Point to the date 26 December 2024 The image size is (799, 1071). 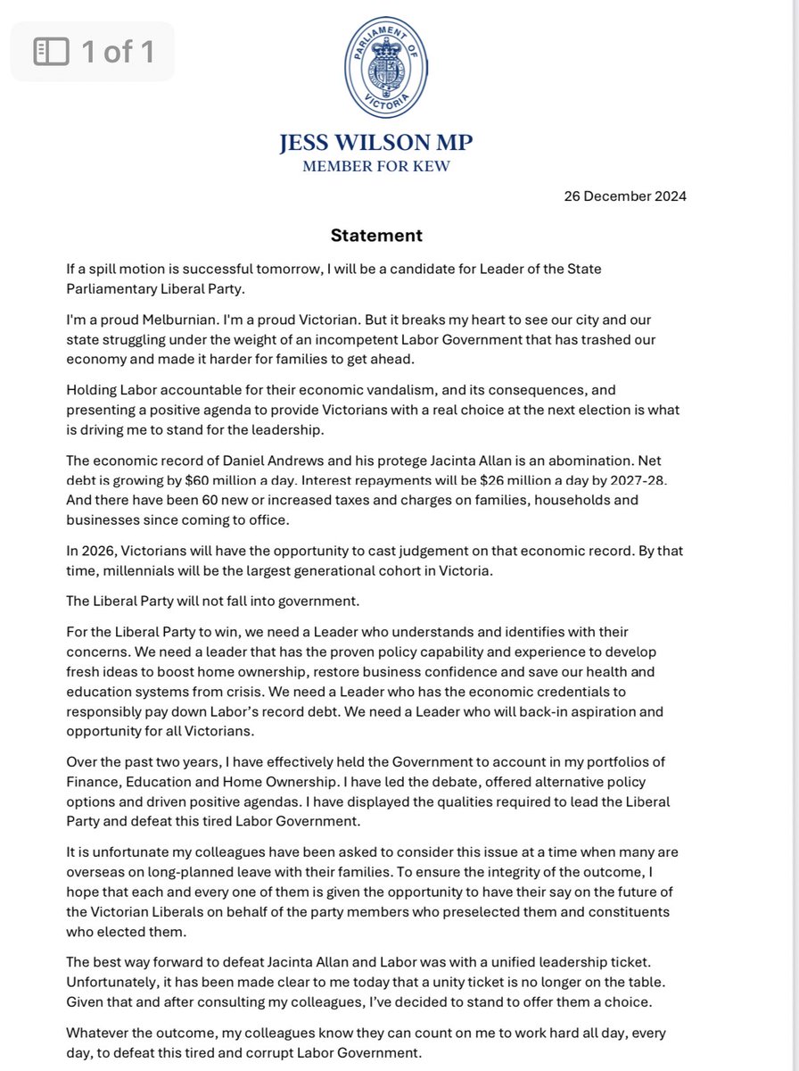click(x=624, y=196)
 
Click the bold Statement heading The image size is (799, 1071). click(x=376, y=236)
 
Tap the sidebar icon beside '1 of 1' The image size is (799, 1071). click(x=51, y=52)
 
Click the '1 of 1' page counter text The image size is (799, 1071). click(x=118, y=52)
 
